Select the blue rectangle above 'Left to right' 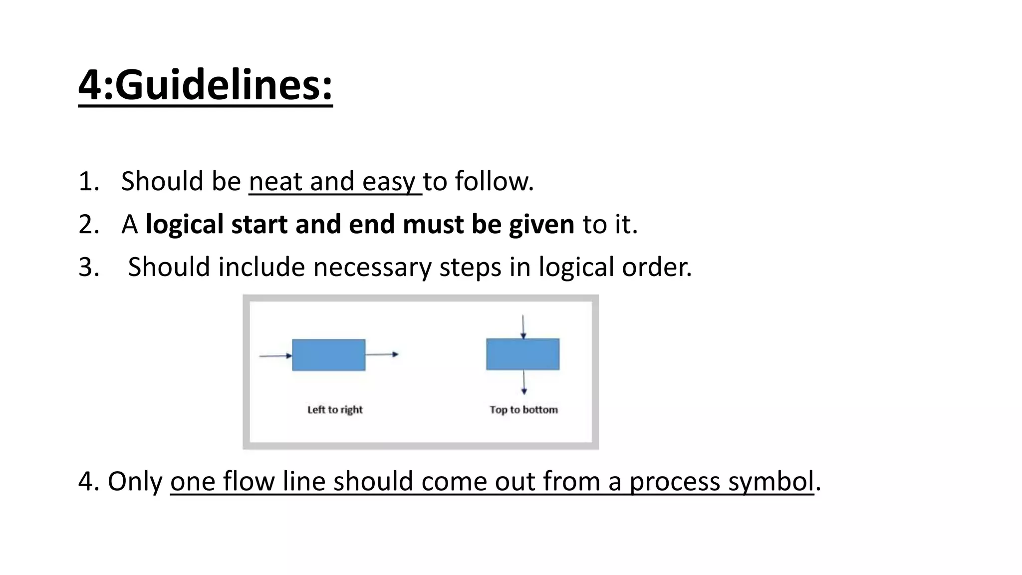[x=328, y=355]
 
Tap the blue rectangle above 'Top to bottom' [x=522, y=354]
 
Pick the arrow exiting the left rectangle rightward [x=382, y=354]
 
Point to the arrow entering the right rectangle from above [x=522, y=326]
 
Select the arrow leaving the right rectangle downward [x=523, y=382]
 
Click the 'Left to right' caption [x=335, y=410]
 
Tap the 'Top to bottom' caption [x=523, y=410]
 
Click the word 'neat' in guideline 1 [x=275, y=181]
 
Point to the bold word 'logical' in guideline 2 [x=184, y=225]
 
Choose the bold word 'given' [x=541, y=225]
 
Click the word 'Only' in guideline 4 [x=135, y=482]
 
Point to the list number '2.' [x=89, y=225]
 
